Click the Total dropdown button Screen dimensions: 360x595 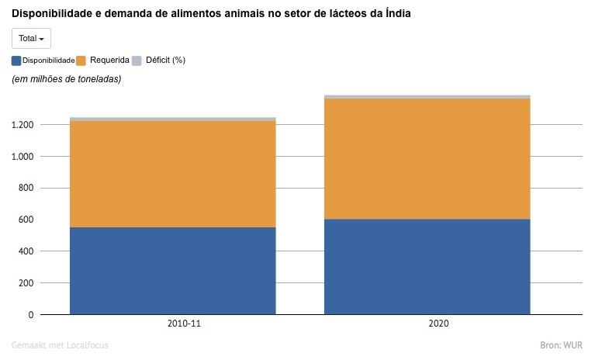(31, 38)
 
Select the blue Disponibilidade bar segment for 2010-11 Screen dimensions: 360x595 (173, 270)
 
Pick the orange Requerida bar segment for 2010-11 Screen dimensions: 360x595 (173, 174)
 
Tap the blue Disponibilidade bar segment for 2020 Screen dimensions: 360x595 (427, 266)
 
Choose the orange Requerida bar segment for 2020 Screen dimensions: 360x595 (427, 158)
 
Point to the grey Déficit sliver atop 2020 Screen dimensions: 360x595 (427, 96)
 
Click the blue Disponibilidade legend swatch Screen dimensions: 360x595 (16, 61)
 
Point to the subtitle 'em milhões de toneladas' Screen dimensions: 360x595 (66, 79)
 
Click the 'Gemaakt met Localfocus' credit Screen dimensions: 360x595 (60, 344)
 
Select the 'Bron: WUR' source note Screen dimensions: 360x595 (561, 344)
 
